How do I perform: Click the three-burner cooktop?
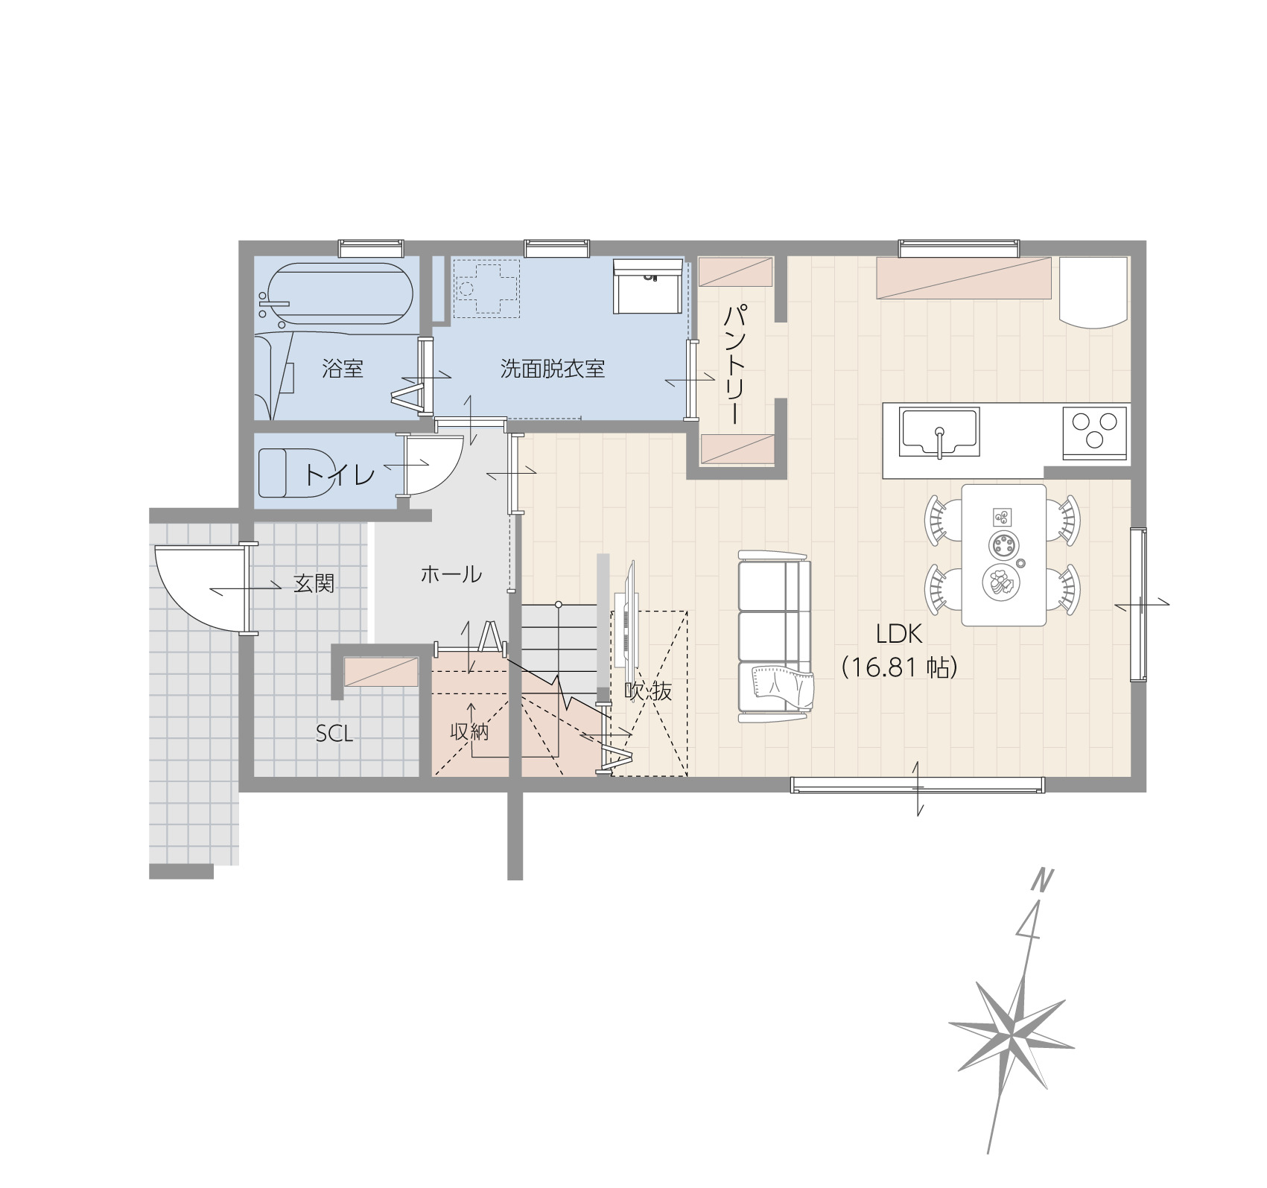(x=1094, y=428)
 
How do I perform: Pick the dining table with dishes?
(x=1003, y=555)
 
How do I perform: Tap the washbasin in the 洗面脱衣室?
(x=647, y=287)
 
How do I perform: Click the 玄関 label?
(x=314, y=584)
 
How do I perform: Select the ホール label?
(x=451, y=574)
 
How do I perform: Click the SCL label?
(x=334, y=734)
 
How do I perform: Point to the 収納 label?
(x=470, y=732)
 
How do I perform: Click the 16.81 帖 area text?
(x=899, y=667)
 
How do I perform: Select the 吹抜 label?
(x=648, y=691)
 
